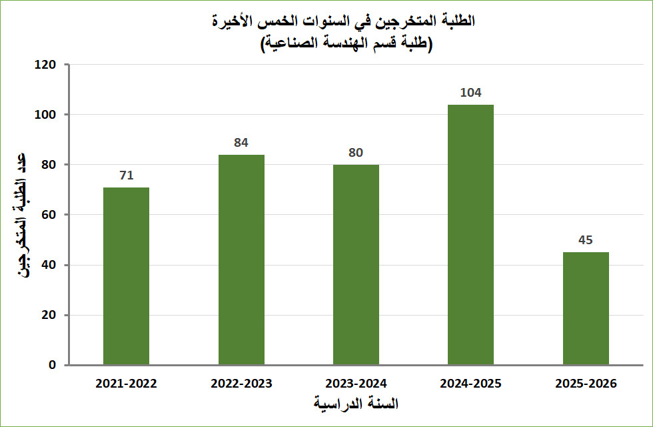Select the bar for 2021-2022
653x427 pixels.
point(127,276)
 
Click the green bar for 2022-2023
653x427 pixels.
point(241,260)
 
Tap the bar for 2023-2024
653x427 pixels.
point(356,265)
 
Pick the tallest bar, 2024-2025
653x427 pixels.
point(470,235)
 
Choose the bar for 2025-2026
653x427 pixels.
point(586,308)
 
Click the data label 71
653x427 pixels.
point(127,176)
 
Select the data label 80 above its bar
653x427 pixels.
point(356,153)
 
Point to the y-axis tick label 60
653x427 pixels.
point(47,215)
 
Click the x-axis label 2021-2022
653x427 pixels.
point(127,384)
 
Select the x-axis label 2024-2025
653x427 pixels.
point(470,384)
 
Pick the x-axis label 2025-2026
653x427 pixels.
point(586,384)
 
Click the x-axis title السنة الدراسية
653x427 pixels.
point(356,404)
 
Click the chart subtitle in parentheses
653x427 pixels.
point(346,45)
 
